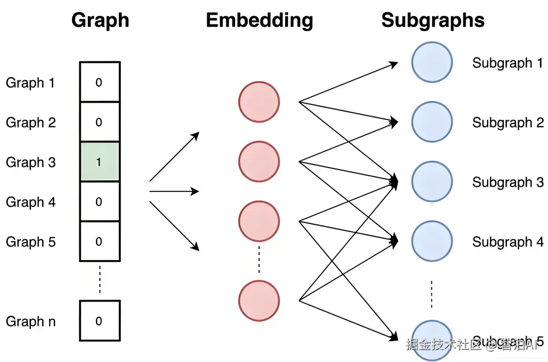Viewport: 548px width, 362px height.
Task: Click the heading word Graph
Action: click(100, 20)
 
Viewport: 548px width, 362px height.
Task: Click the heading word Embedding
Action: click(259, 20)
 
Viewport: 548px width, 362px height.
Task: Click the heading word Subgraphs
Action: click(433, 20)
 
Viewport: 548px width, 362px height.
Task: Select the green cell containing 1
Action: click(99, 162)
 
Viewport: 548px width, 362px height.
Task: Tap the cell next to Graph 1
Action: click(99, 82)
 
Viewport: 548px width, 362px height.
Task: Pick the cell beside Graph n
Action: click(99, 321)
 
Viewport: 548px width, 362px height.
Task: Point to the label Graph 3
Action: click(30, 162)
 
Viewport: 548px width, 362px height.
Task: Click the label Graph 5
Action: click(30, 242)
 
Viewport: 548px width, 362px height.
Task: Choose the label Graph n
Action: click(30, 321)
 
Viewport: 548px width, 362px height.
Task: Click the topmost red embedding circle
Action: click(259, 102)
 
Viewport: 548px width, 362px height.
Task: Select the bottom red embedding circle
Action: click(259, 300)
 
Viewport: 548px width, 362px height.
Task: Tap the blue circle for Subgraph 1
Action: click(432, 62)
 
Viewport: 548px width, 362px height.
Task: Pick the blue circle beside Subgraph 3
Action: click(432, 182)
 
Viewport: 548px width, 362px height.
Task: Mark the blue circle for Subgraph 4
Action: click(432, 242)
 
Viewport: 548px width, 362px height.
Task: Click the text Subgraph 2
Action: click(507, 123)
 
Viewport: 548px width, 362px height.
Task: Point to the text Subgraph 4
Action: click(507, 242)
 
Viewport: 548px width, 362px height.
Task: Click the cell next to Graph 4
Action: click(99, 202)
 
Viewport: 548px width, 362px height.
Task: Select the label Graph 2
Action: click(30, 122)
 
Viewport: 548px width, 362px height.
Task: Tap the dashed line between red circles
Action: click(259, 260)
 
